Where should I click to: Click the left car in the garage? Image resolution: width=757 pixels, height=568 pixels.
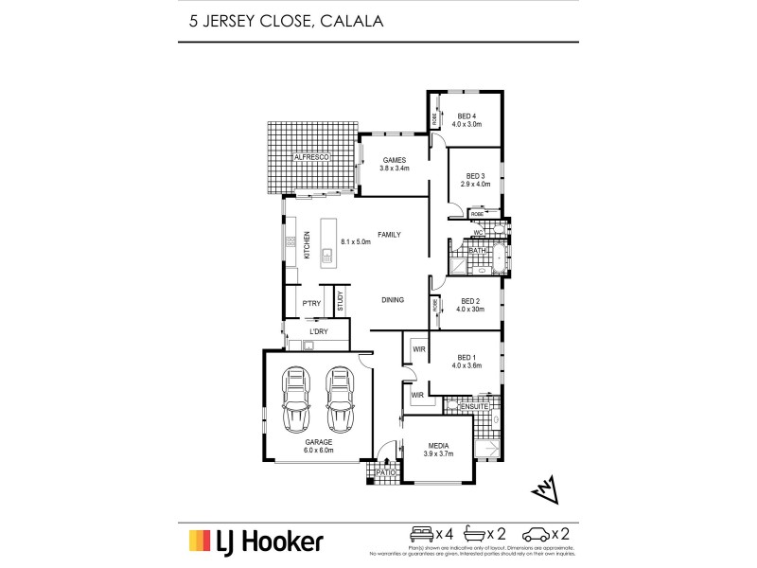[x=296, y=397]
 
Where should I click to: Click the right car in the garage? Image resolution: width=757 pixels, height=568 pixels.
[x=340, y=397]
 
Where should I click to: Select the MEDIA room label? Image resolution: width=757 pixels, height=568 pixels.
[x=437, y=446]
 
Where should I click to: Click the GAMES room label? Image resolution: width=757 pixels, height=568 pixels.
[x=394, y=160]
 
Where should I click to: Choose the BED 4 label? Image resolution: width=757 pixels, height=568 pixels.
[x=467, y=116]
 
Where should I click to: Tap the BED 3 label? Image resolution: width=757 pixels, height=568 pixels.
[x=476, y=176]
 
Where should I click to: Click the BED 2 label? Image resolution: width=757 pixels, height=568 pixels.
[x=470, y=301]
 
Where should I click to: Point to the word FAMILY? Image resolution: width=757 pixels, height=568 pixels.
[x=389, y=233]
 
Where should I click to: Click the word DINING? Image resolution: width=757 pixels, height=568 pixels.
[x=393, y=300]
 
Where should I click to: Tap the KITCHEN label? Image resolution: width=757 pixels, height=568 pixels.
[x=307, y=244]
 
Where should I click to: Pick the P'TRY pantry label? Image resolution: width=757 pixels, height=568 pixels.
[x=310, y=303]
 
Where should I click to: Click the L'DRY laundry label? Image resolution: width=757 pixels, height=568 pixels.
[x=317, y=331]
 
